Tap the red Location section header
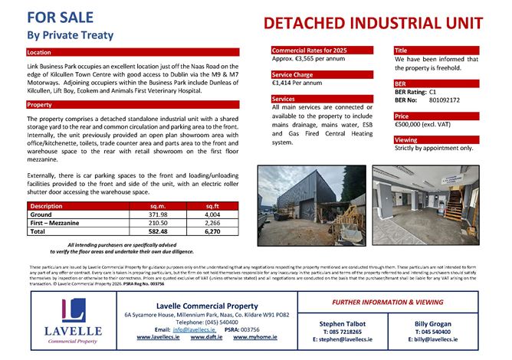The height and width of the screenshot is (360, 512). tap(39, 53)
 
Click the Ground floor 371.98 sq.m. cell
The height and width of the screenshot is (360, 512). tap(159, 214)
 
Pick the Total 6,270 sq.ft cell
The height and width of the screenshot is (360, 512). tap(212, 231)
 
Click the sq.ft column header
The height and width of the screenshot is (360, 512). tap(212, 206)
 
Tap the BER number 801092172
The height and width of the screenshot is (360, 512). tap(445, 100)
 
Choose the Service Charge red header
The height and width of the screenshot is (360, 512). tap(294, 75)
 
